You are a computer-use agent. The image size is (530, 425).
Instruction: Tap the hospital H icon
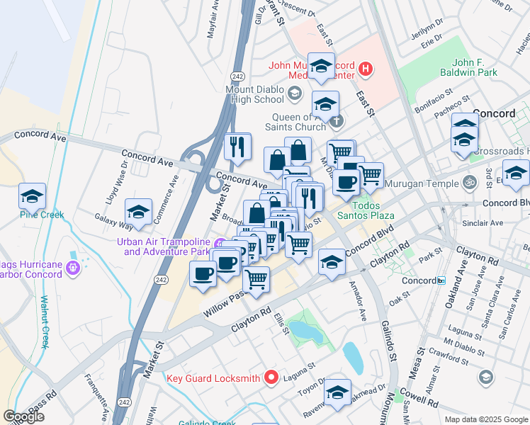coord(365,69)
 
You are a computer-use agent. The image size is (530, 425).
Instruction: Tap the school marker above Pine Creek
coord(32,195)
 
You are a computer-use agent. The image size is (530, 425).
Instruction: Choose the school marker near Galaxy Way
coord(138,212)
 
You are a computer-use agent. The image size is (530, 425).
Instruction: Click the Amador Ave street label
coord(358,302)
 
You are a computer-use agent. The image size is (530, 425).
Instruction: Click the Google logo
coord(23,416)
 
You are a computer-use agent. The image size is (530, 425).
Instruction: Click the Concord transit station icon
coord(441,280)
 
